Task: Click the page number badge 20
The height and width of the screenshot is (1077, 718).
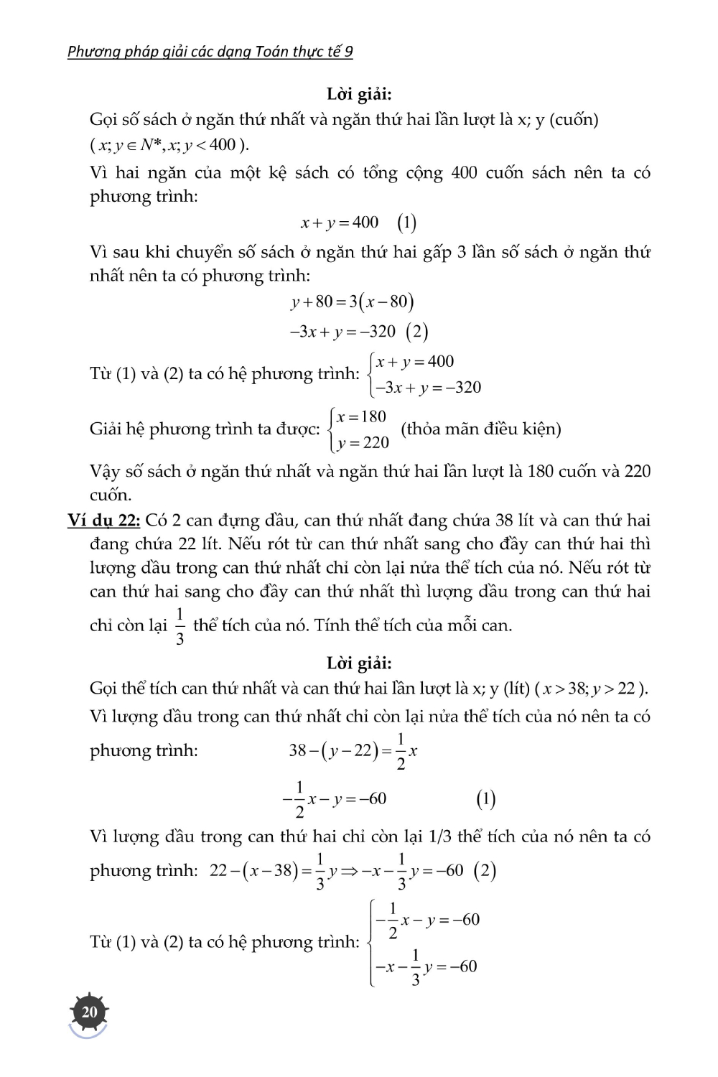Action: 89,1012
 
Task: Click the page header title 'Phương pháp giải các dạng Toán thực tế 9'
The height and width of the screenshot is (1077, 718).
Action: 210,52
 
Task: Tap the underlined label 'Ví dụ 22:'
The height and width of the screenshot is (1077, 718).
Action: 103,520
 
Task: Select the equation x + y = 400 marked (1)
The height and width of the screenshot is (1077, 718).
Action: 340,223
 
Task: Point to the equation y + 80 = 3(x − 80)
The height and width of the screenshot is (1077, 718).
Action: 352,302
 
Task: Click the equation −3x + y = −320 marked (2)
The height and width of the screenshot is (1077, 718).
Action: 342,332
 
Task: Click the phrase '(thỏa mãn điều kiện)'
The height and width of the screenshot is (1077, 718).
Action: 480,429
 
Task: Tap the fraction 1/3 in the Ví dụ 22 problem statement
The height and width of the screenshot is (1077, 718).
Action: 179,626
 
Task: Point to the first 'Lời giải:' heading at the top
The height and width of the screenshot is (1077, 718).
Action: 359,94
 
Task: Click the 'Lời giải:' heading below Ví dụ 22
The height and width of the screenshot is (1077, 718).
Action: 359,663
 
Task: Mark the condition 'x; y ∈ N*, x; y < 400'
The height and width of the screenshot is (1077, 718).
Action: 169,144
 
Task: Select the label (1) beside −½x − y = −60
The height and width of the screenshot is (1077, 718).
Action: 486,799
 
